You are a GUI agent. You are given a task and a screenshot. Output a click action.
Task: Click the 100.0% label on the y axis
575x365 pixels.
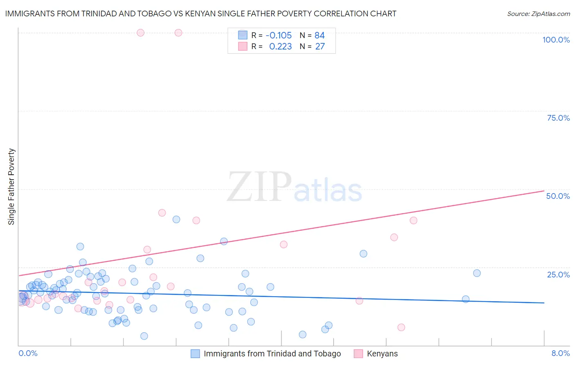coord(556,40)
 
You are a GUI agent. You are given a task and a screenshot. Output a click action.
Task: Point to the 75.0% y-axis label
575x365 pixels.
coord(558,118)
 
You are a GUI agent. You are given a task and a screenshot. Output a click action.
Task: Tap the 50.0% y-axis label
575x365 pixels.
coord(558,196)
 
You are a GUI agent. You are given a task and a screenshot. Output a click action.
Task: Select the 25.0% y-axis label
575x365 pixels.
coord(558,275)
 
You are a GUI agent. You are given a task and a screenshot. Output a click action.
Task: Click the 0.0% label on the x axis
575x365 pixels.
coord(28,353)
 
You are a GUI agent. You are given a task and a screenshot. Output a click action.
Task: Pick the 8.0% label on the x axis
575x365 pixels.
coord(560,353)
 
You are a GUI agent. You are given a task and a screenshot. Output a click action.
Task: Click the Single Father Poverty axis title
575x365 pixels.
coord(11,187)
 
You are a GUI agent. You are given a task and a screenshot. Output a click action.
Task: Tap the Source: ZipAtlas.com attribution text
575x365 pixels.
coord(538,14)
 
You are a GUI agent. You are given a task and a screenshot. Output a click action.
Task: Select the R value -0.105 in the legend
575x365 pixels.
coord(279,36)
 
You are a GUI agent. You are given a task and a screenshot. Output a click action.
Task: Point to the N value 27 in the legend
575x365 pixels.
coord(320,47)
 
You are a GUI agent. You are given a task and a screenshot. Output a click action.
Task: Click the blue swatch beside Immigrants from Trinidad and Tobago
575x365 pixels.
coord(195,354)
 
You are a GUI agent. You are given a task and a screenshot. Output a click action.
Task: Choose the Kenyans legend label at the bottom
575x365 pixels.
coord(382,354)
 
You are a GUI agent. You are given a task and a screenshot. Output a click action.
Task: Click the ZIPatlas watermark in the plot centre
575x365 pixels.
coord(294,187)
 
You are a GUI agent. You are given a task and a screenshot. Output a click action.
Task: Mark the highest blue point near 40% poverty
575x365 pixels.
coord(176,219)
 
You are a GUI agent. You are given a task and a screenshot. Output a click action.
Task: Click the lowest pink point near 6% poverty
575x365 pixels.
coord(401,327)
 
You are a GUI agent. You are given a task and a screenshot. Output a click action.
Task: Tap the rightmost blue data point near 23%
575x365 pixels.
coord(477,273)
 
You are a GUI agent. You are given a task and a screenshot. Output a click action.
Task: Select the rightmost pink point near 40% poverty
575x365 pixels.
coord(413,221)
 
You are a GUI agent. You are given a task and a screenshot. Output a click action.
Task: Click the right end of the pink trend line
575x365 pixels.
coord(544,191)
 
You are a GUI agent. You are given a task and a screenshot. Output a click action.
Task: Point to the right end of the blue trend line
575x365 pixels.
coord(544,303)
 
